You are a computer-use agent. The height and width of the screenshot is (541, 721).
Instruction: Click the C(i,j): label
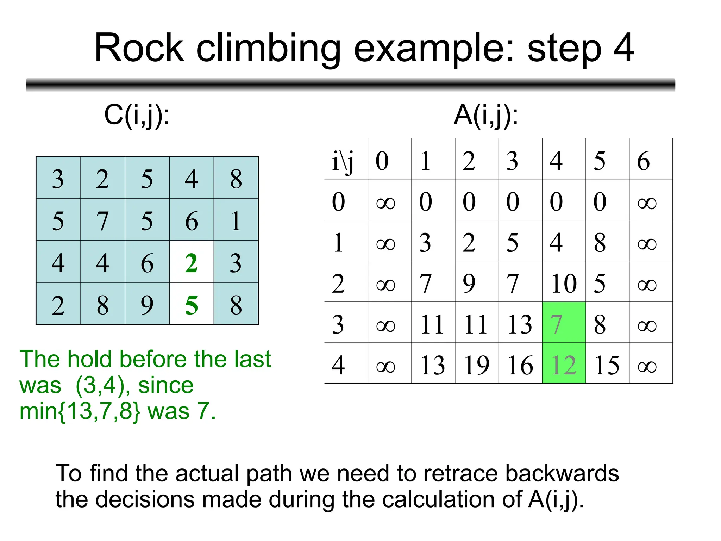[137, 116]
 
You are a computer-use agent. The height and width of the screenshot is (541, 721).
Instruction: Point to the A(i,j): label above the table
[486, 116]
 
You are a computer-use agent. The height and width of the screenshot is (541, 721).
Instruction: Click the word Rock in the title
[139, 48]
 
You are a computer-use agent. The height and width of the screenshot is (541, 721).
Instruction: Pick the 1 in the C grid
[236, 221]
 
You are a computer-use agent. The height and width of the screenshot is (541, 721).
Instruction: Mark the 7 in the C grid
[102, 221]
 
